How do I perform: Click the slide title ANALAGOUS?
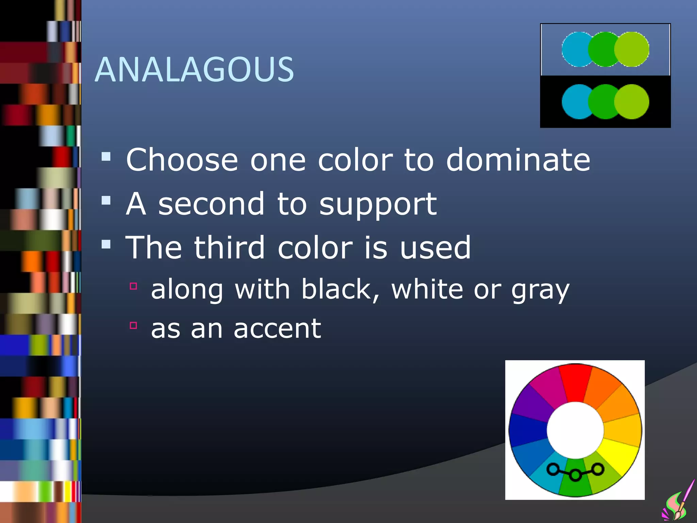click(194, 69)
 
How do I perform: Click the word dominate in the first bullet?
click(518, 160)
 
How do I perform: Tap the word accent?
click(277, 329)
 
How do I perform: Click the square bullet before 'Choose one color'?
click(106, 157)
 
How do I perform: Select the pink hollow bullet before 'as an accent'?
click(133, 326)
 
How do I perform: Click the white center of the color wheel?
click(575, 430)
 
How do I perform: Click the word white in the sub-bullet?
click(427, 289)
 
